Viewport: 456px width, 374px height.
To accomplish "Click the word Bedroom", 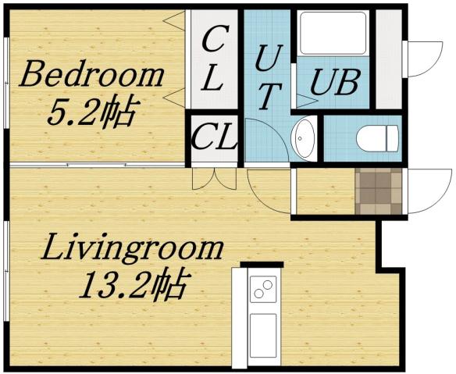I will pos(92,78).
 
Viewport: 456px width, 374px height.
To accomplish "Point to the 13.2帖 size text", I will pos(133,286).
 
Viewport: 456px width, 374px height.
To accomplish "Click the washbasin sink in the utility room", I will pos(303,138).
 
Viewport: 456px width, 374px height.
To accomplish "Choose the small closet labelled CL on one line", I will pos(214,140).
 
